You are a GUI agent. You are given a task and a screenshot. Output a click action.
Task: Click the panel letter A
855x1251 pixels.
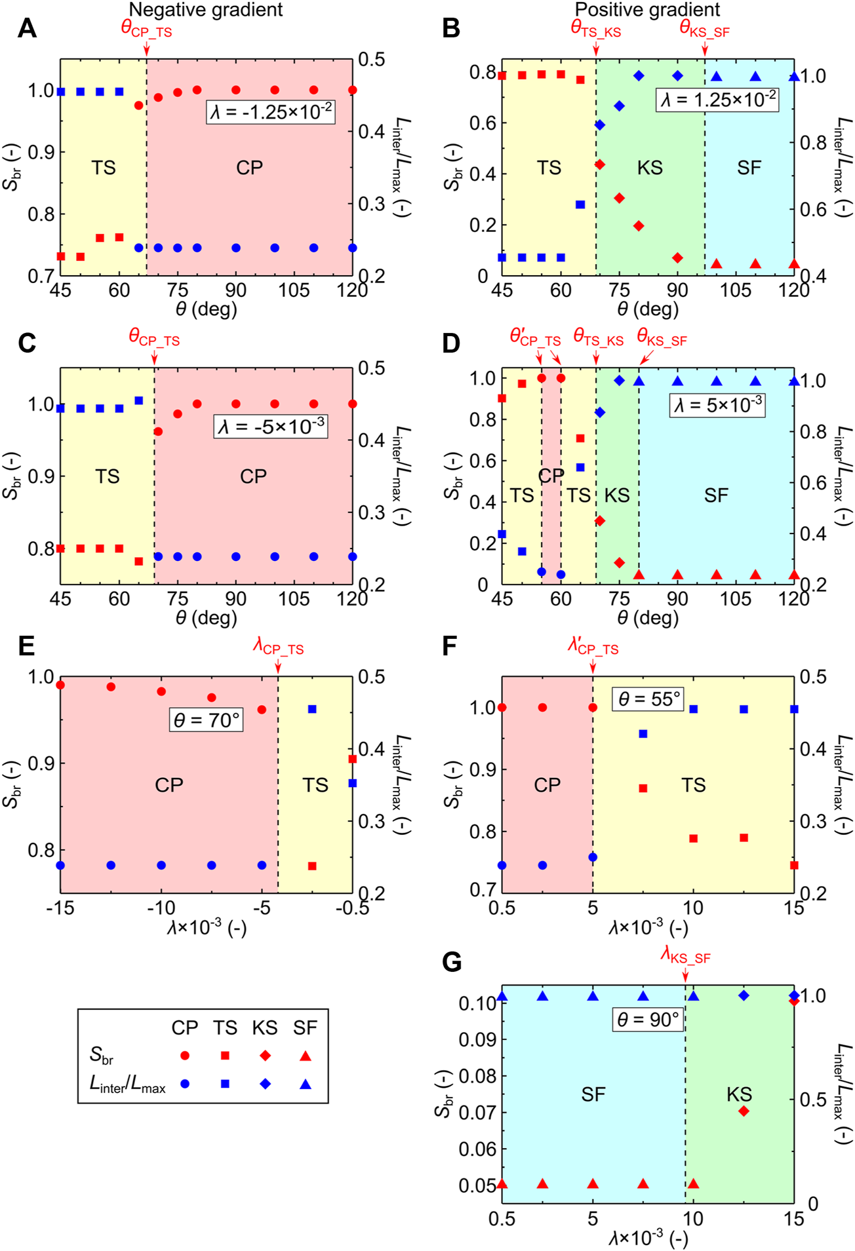26,28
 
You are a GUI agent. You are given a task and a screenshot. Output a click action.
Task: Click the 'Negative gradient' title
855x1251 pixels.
206,10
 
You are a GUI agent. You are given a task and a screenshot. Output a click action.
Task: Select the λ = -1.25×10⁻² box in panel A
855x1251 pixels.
271,111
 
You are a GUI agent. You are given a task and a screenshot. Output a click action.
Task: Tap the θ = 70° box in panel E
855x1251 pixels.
206,720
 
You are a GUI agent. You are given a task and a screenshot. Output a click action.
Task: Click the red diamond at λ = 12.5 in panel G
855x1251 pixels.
744,1111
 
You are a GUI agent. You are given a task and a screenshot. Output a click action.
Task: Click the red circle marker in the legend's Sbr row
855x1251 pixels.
185,1056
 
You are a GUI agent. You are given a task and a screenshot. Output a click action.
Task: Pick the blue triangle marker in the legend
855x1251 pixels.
305,1084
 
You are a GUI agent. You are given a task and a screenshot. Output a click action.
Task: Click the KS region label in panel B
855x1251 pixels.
650,168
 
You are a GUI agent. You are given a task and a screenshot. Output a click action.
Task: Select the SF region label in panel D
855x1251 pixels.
716,495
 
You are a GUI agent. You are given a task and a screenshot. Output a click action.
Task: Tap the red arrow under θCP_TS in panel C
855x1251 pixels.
154,358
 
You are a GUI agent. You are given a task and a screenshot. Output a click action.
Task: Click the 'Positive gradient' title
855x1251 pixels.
647,10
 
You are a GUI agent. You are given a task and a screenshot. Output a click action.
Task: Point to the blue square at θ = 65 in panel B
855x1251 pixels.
580,204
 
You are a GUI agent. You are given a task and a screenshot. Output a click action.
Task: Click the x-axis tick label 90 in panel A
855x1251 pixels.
236,290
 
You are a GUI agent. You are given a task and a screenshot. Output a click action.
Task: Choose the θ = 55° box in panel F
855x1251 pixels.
648,699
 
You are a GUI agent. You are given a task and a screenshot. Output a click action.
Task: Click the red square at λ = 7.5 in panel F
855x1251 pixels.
643,788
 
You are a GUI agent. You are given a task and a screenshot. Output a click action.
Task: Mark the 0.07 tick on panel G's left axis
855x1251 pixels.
477,1112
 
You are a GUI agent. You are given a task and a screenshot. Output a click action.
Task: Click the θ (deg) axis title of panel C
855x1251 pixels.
206,617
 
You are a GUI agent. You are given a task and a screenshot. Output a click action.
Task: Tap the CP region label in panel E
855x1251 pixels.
169,785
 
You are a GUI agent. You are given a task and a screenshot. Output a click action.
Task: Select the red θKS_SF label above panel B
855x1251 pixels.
704,29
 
